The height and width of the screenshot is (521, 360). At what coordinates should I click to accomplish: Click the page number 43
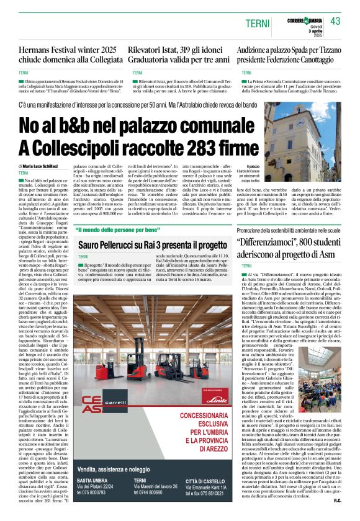pos(336,21)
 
